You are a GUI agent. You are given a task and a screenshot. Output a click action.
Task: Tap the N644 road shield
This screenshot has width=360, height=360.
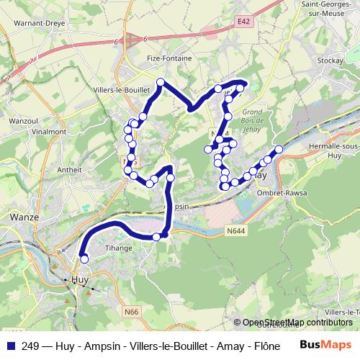tap(235, 230)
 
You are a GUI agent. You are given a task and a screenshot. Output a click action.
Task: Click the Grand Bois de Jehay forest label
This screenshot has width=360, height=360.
tap(251, 121)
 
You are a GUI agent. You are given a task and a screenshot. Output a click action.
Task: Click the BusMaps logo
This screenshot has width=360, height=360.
tap(325, 345)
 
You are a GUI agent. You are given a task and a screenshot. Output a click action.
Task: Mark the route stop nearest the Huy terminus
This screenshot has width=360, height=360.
tap(84, 259)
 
